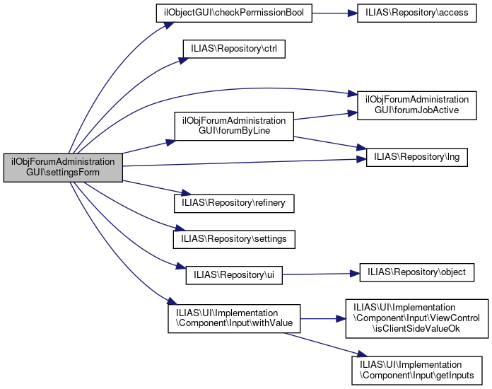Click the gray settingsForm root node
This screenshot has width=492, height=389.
[x=64, y=168]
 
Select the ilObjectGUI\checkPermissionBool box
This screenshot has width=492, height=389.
[x=233, y=15]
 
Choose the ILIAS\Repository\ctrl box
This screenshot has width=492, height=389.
[x=233, y=51]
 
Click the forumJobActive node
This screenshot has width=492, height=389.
[x=417, y=105]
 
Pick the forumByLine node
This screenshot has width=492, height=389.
[x=234, y=125]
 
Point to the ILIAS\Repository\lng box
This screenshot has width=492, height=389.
[x=417, y=157]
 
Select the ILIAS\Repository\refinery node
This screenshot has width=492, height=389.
[x=234, y=203]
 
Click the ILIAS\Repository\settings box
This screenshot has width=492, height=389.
[x=234, y=239]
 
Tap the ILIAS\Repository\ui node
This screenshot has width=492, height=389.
[x=234, y=275]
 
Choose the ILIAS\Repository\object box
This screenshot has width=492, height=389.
[x=417, y=272]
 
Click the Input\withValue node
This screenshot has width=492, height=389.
[x=234, y=318]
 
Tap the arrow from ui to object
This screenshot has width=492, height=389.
[x=321, y=273]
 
